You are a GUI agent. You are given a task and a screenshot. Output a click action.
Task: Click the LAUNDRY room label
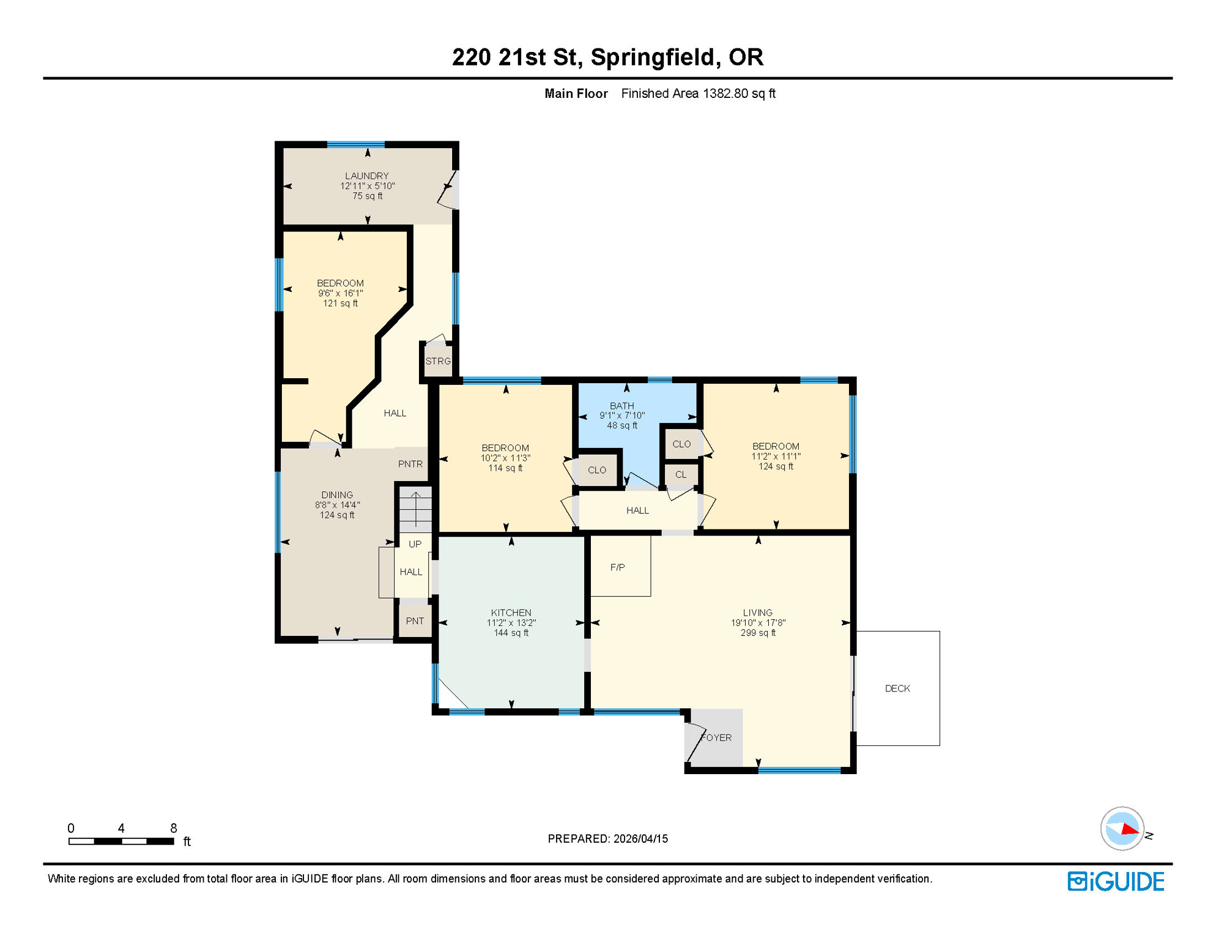pos(366,176)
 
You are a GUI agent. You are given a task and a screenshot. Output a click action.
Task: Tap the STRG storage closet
pos(438,362)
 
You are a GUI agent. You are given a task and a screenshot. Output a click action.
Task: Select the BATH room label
pos(621,406)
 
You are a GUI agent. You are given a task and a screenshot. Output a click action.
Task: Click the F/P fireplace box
pos(618,567)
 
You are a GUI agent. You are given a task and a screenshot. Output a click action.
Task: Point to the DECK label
pos(897,688)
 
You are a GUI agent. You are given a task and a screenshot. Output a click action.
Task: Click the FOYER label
pos(716,738)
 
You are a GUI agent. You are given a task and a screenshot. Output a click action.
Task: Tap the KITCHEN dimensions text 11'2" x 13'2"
pos(511,623)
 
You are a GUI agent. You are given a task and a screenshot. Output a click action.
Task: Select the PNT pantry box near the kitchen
pos(415,621)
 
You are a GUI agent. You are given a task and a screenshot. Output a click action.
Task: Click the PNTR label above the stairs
pos(410,464)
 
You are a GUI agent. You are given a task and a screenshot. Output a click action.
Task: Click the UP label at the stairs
pos(415,544)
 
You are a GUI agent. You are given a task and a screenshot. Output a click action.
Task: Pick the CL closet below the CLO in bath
pos(681,475)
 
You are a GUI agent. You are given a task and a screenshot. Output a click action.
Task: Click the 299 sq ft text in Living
pos(758,633)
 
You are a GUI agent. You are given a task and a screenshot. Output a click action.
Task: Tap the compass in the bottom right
pos(1122,829)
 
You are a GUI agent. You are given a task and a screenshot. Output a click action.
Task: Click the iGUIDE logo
pos(1116,882)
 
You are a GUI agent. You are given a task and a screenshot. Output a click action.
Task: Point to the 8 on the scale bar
pos(174,829)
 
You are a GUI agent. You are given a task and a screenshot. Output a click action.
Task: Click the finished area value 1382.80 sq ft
pos(739,94)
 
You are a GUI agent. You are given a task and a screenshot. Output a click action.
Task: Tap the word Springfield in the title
pos(653,57)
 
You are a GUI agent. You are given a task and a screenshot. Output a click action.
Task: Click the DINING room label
pos(337,495)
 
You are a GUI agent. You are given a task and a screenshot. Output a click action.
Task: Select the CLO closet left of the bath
pos(597,471)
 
